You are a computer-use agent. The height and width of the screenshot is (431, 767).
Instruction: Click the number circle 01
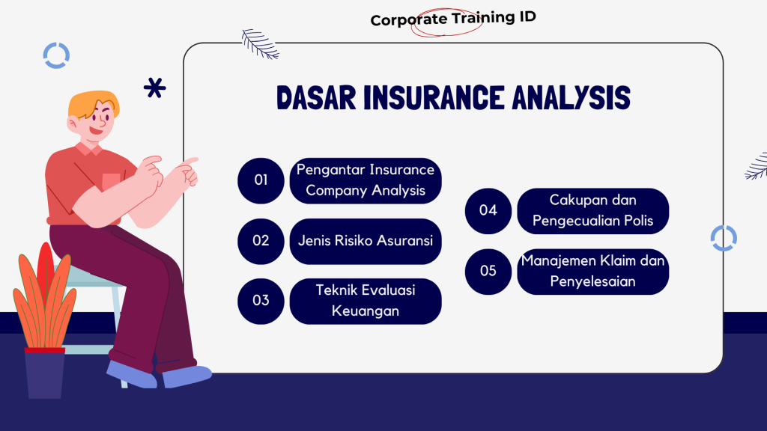point(261,181)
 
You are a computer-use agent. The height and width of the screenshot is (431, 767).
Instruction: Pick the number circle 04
point(488,211)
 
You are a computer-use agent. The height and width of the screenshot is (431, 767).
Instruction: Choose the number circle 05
point(488,272)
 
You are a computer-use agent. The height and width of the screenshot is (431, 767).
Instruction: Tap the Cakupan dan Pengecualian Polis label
point(593,211)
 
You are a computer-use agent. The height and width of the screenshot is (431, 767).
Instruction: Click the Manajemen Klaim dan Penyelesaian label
point(593,272)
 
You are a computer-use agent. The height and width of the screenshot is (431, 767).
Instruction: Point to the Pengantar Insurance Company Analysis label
point(366,181)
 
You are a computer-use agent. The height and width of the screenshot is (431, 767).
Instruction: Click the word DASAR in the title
point(317,98)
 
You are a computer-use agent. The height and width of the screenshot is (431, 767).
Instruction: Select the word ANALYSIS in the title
point(572,98)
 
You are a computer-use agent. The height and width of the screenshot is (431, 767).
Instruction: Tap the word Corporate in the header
point(408,20)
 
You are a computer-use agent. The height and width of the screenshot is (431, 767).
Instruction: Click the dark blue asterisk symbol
point(154,88)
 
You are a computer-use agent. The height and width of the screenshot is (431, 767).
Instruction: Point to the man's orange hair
point(93,103)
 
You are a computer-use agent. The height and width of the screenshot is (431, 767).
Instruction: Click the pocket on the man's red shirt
point(112,183)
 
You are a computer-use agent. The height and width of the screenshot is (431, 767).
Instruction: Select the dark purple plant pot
point(44,373)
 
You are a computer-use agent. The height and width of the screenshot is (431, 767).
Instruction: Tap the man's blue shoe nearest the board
point(187,377)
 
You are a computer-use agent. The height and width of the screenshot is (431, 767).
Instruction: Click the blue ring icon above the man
point(56,55)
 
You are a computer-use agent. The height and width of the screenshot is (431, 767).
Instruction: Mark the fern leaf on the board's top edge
point(260,44)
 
